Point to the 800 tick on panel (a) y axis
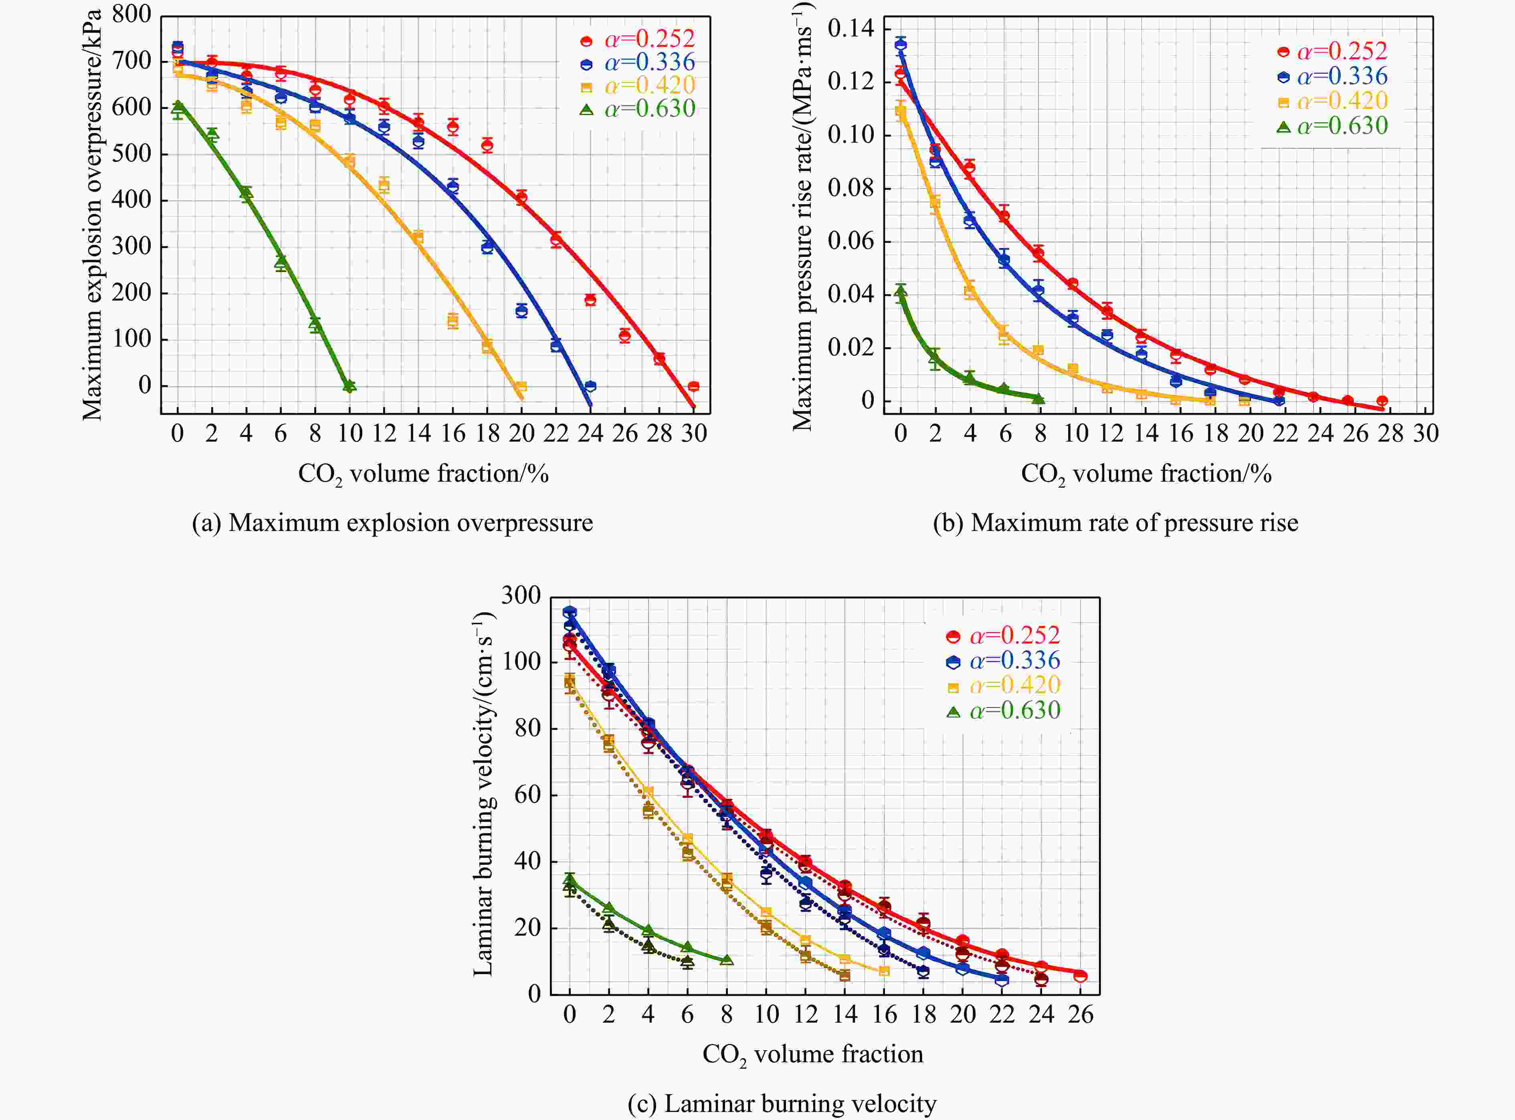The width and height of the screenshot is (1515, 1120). click(131, 14)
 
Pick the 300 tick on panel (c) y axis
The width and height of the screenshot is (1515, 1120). click(521, 596)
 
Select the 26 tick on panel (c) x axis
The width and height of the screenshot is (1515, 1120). click(1080, 1014)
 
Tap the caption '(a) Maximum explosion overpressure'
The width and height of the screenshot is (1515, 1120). click(392, 523)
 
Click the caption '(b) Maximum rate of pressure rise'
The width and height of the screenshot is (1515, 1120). click(1115, 523)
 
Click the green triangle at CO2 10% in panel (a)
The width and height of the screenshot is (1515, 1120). click(349, 386)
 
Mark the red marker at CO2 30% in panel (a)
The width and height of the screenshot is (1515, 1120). click(693, 386)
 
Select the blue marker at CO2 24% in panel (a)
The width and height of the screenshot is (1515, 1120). click(590, 386)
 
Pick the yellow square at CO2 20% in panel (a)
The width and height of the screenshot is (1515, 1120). click(521, 386)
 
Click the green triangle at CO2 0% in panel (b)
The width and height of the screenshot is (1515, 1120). click(901, 292)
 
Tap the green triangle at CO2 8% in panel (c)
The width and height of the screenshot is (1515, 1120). click(726, 960)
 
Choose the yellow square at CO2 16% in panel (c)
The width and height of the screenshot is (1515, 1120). click(884, 971)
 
